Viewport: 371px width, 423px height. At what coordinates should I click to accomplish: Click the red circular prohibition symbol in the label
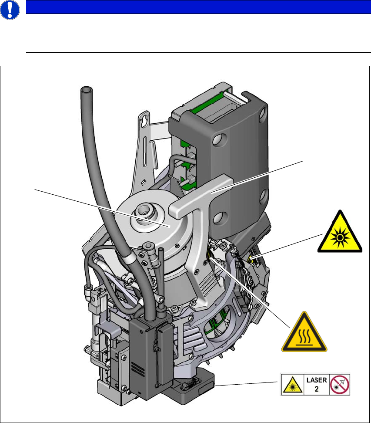click(x=340, y=384)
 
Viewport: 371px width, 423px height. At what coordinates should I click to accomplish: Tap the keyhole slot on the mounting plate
click(x=141, y=120)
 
